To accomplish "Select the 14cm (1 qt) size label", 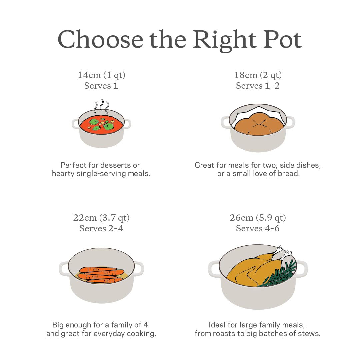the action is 101,75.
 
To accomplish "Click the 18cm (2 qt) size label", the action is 258,75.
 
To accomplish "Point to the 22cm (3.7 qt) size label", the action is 101,218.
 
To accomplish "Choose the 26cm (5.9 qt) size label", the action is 258,218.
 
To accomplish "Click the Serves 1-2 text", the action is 258,86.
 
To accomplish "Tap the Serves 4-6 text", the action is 258,229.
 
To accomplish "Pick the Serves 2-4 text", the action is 101,229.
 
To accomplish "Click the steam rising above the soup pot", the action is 101,106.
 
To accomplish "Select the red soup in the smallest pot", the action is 102,124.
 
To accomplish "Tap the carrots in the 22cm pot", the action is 101,275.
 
